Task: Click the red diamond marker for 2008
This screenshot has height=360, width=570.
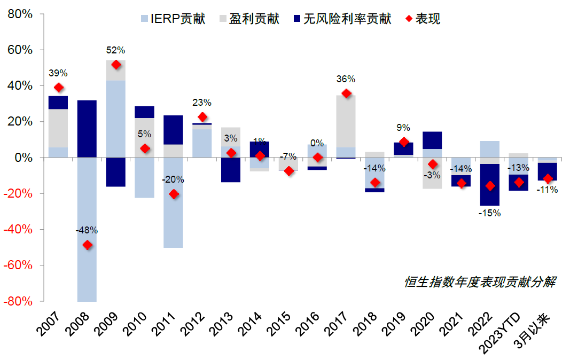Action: (88, 245)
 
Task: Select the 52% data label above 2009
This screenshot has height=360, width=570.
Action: (115, 50)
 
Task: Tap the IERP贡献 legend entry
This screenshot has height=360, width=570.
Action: (174, 19)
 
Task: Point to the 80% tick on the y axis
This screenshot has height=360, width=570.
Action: (20, 14)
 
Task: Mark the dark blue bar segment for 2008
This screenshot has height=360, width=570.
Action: (87, 129)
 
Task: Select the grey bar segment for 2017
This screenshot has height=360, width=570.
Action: (346, 121)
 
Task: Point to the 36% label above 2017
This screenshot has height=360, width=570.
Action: (346, 79)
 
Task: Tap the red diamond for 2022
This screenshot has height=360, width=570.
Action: (490, 186)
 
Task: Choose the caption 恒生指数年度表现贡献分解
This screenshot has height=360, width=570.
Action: (480, 282)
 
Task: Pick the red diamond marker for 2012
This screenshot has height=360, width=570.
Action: (202, 117)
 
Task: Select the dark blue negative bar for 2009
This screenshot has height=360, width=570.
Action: (116, 172)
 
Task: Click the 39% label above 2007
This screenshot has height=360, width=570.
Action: (58, 73)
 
